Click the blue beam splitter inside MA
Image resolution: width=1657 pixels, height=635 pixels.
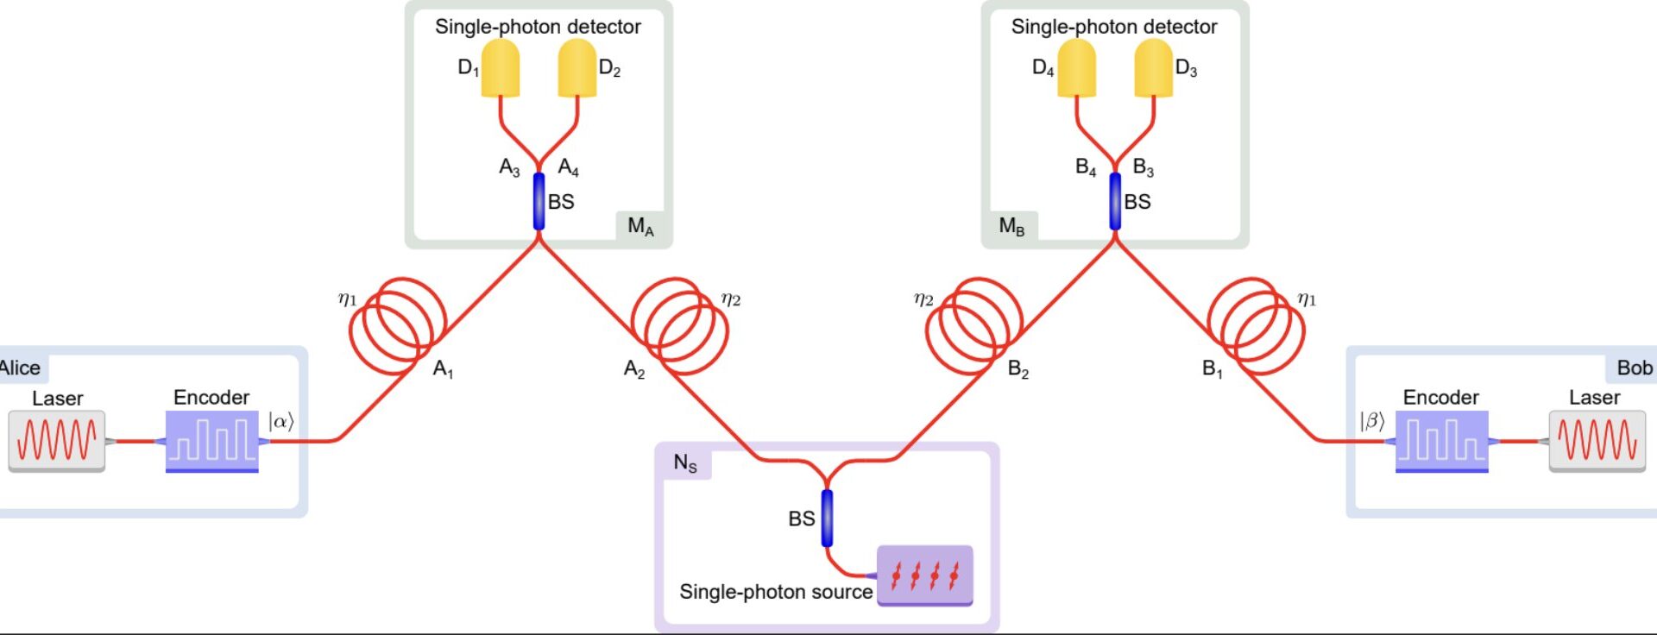pyautogui.click(x=539, y=202)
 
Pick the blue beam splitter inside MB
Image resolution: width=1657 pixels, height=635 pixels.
pyautogui.click(x=1115, y=202)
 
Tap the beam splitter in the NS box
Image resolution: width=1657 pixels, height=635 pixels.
pyautogui.click(x=827, y=518)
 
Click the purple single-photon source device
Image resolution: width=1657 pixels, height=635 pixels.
pyautogui.click(x=925, y=575)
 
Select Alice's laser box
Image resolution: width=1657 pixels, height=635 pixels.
pyautogui.click(x=57, y=440)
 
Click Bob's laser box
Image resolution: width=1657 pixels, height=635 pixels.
pyautogui.click(x=1597, y=440)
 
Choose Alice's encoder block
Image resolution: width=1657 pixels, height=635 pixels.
pyautogui.click(x=212, y=440)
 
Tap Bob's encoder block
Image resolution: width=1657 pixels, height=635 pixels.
pyautogui.click(x=1442, y=440)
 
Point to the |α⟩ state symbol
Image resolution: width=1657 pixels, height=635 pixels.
pyautogui.click(x=281, y=421)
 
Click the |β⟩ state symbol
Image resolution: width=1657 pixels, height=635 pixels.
pyautogui.click(x=1372, y=421)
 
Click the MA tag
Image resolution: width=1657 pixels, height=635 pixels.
pyautogui.click(x=640, y=226)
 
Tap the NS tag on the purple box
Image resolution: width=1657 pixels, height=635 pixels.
pyautogui.click(x=685, y=463)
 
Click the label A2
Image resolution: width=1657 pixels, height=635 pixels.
pyautogui.click(x=634, y=370)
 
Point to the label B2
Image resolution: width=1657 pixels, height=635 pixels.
pyautogui.click(x=1018, y=370)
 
